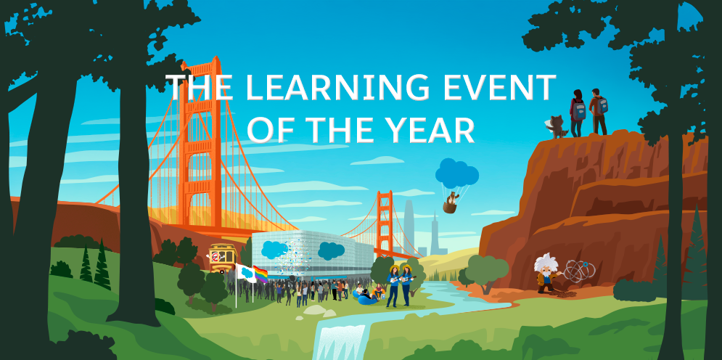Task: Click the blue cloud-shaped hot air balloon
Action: click(456, 173)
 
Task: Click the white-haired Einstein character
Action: click(546, 272)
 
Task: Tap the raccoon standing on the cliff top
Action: click(558, 126)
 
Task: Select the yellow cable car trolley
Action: click(222, 257)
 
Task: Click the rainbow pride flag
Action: click(260, 273)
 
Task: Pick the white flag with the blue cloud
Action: click(245, 272)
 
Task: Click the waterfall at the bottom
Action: click(340, 341)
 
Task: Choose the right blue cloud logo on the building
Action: click(331, 250)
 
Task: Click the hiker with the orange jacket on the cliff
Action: click(597, 111)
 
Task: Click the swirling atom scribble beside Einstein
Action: click(581, 270)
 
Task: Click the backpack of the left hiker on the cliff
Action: click(579, 110)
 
